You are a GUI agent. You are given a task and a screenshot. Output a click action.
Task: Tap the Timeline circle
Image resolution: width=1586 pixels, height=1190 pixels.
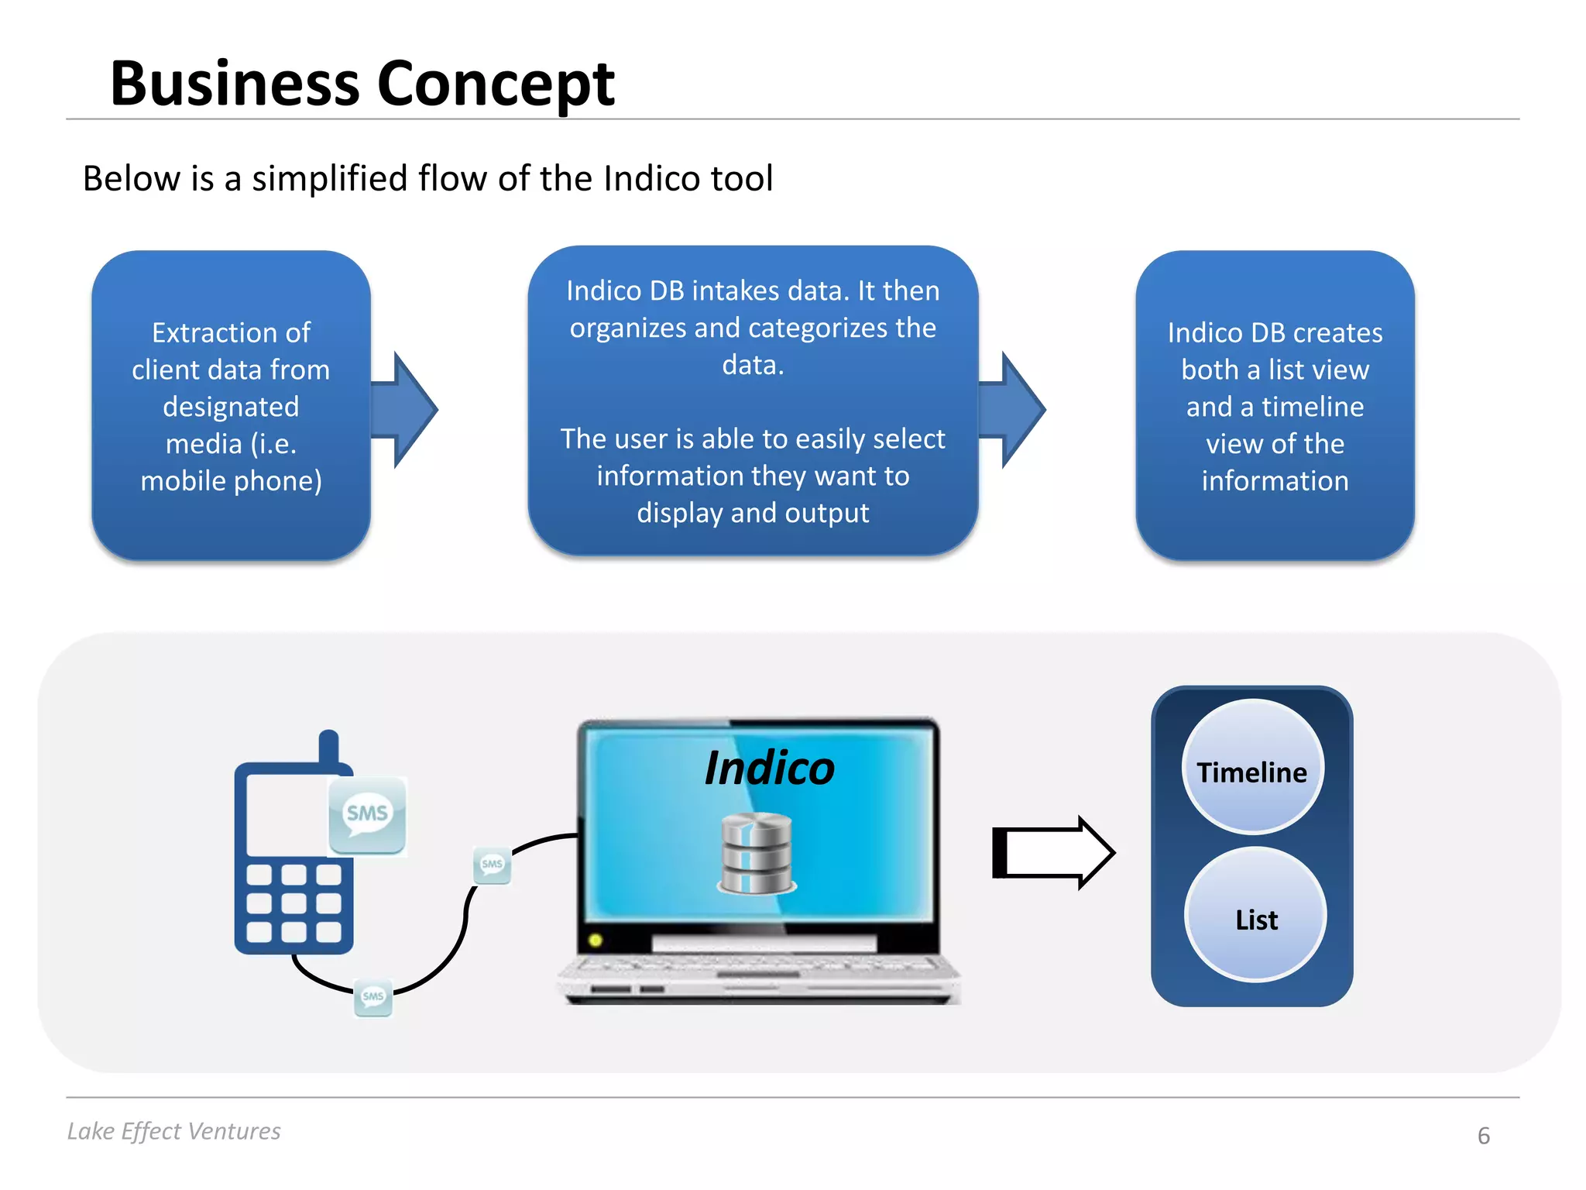[x=1252, y=767]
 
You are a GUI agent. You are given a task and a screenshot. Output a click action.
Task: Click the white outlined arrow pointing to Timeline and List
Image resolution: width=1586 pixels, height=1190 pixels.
[x=1053, y=853]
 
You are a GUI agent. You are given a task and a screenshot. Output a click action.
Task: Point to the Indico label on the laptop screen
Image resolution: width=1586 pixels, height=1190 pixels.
[x=769, y=769]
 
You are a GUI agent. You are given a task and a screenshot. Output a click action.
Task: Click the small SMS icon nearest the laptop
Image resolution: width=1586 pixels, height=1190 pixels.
[x=493, y=865]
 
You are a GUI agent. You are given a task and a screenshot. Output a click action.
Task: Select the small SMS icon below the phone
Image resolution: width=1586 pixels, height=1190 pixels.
[x=373, y=997]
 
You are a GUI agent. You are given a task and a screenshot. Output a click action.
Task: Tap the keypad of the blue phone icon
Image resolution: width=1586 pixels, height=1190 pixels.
[x=294, y=903]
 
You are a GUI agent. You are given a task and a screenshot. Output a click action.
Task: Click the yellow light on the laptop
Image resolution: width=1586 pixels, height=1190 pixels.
[x=596, y=941]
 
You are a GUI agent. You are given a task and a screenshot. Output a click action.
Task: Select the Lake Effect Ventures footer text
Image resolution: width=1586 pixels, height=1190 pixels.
[x=173, y=1131]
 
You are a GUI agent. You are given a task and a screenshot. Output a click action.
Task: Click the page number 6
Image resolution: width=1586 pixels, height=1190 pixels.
[x=1483, y=1136]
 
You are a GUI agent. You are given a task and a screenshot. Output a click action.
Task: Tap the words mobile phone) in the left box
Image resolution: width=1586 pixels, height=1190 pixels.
[x=231, y=481]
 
